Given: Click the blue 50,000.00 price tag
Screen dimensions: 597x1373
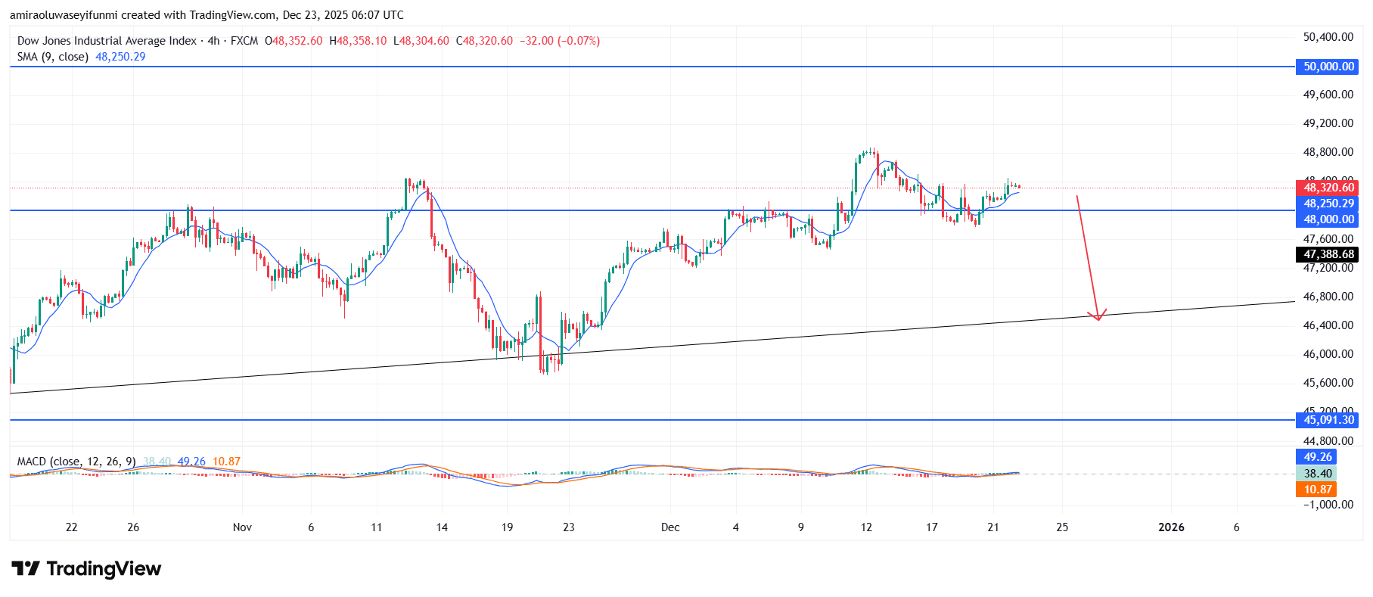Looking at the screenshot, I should point(1328,67).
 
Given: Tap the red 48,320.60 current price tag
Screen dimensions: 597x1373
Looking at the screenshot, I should point(1328,188).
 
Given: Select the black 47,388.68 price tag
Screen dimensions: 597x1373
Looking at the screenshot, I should point(1328,254).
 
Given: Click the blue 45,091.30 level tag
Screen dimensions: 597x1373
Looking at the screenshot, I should point(1328,420).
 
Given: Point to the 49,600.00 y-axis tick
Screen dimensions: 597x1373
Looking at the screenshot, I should point(1328,95).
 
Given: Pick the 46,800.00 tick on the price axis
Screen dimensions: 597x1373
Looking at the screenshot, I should point(1328,297).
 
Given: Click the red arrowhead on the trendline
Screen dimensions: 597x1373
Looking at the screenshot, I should point(1098,317).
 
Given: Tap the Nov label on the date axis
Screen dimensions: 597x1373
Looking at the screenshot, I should point(242,527).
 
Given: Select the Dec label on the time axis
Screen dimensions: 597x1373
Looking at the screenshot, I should point(670,527).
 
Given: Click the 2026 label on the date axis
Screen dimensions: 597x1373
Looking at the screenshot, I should point(1171,527).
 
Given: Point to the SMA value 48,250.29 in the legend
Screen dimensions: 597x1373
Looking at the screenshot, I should point(120,57).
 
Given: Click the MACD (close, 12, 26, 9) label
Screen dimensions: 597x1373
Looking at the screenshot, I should point(76,462).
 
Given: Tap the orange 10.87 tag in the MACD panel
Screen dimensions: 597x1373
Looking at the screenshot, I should point(1317,490).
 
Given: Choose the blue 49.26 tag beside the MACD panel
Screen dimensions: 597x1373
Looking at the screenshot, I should point(1317,457).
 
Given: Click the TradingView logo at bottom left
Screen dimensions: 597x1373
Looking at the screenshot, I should point(86,569).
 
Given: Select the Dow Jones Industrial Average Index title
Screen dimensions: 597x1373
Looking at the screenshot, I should point(107,41).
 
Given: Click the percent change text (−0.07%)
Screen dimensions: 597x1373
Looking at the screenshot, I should point(579,41).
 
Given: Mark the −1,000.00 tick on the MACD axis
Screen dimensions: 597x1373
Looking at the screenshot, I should point(1328,505).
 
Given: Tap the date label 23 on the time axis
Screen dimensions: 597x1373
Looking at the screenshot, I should point(569,527).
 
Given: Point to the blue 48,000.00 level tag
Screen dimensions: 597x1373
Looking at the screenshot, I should point(1328,219).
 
